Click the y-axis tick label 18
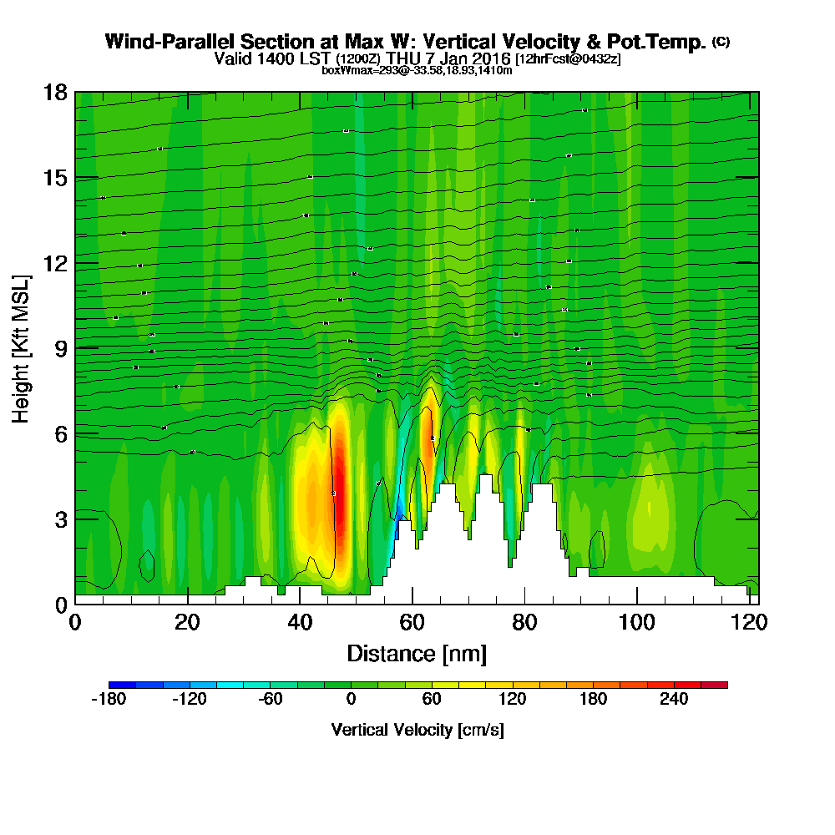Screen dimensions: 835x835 pyautogui.click(x=55, y=92)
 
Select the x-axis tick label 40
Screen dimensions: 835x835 pyautogui.click(x=299, y=622)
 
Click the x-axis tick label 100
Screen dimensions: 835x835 pyautogui.click(x=636, y=622)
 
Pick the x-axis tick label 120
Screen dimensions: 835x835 pyautogui.click(x=749, y=622)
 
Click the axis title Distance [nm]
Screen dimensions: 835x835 pyautogui.click(x=417, y=653)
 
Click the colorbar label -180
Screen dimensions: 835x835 pyautogui.click(x=108, y=700)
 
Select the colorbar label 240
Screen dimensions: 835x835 pyautogui.click(x=674, y=700)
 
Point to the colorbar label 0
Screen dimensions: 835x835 pyautogui.click(x=351, y=700)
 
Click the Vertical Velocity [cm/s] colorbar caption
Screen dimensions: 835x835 pyautogui.click(x=417, y=730)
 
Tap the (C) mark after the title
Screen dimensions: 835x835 pyautogui.click(x=721, y=42)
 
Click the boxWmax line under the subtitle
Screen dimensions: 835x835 pyautogui.click(x=417, y=70)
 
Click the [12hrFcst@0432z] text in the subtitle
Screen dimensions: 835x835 pyautogui.click(x=568, y=59)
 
